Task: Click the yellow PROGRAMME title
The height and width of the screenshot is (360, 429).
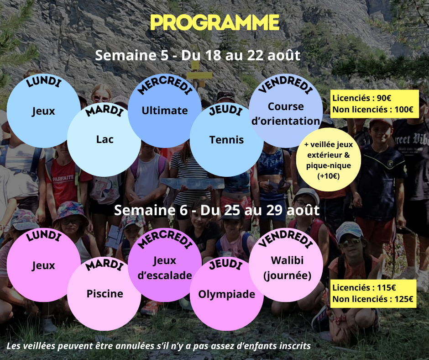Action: pos(215,22)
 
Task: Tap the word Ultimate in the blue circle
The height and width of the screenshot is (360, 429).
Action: pos(165,111)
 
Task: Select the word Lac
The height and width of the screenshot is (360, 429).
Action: pos(105,139)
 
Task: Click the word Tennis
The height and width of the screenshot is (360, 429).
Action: pos(226,140)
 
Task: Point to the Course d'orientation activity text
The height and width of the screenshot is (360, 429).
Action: pos(286,114)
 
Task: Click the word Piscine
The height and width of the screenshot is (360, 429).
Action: pos(105,294)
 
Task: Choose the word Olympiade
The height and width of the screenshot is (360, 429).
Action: pos(226,294)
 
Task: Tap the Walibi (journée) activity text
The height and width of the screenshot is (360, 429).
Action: pos(287,268)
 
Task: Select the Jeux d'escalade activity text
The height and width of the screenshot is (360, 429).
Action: pos(165,268)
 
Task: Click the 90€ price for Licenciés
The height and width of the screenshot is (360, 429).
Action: pos(384,98)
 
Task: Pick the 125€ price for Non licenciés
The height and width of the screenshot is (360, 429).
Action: pos(403,299)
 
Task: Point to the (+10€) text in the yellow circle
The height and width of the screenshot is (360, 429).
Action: pos(328,176)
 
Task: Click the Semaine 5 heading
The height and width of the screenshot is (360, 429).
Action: pos(198,55)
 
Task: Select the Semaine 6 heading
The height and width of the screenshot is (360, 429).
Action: pos(217,210)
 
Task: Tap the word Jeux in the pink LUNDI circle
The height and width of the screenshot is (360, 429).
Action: pos(43,266)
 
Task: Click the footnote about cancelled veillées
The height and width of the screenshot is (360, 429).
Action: pos(159,346)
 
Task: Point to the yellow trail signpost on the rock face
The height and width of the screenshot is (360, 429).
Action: pos(199,74)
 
